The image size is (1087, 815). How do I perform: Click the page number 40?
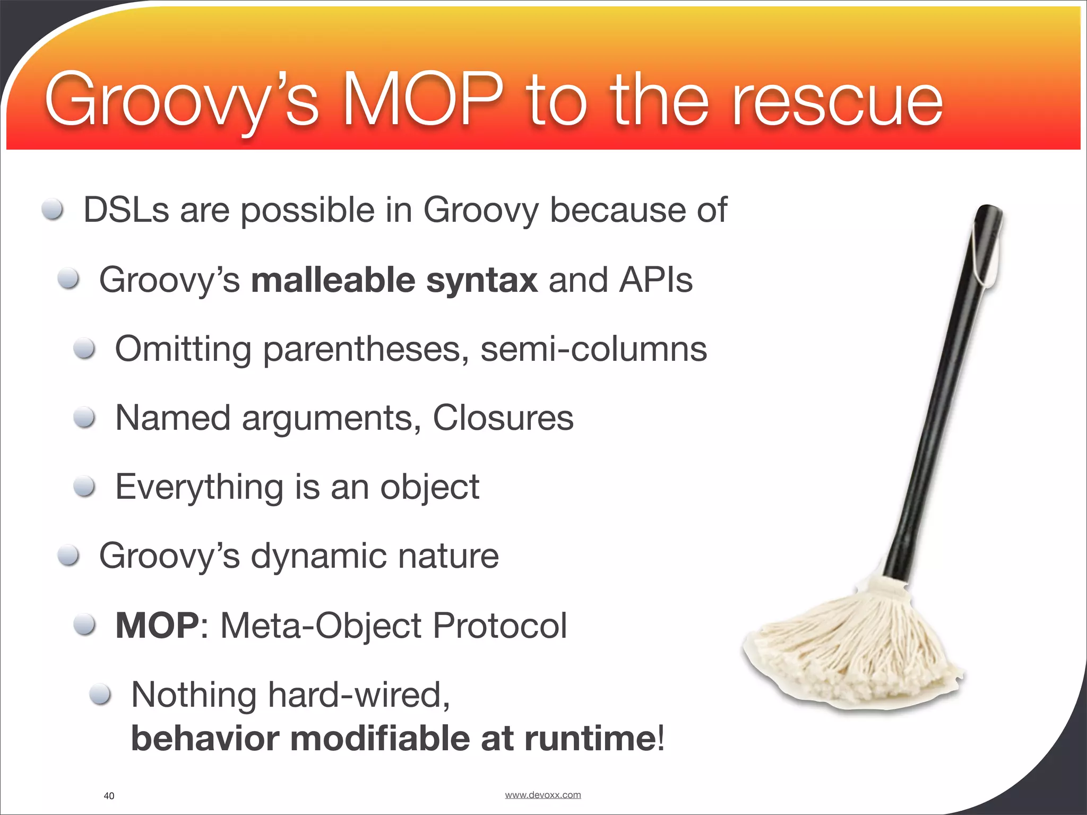coord(109,795)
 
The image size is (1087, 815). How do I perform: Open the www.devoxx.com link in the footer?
coord(542,794)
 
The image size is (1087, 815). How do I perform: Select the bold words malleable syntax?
coord(394,280)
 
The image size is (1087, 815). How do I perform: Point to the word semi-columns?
coord(593,349)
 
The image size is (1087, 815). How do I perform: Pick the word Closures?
coord(503,418)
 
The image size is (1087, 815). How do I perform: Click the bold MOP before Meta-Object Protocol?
coord(157,626)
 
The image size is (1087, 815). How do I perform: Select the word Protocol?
coord(499,626)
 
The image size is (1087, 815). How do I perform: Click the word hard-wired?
coord(359,695)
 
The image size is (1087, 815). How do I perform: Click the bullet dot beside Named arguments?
coord(84,418)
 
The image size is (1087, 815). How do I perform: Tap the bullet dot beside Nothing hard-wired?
coord(100,694)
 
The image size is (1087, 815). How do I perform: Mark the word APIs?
coord(655,280)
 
